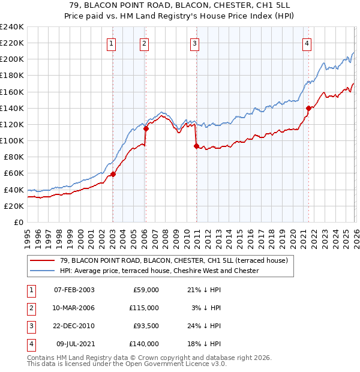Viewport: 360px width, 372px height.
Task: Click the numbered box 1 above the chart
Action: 112,43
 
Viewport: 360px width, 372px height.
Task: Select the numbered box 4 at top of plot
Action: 307,43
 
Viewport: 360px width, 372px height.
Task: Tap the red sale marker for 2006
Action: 146,128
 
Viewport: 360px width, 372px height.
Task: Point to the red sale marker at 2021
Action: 308,108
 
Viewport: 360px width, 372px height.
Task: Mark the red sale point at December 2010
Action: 196,146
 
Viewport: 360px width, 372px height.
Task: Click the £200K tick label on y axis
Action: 11,59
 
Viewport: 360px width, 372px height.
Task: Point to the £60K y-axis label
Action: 13,173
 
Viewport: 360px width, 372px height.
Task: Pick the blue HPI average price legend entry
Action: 159,271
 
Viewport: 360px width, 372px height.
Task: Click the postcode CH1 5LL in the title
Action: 272,5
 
